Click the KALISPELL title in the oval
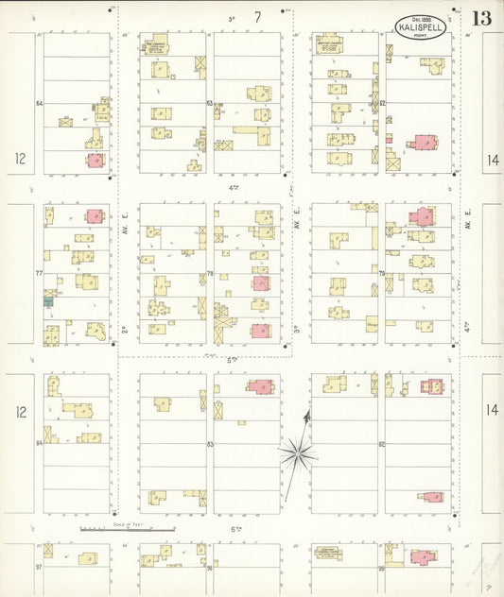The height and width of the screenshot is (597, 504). [421, 27]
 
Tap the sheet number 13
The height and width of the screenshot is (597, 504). [481, 18]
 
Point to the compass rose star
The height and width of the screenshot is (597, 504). [299, 455]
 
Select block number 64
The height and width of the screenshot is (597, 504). [40, 104]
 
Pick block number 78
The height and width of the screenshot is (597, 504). [210, 274]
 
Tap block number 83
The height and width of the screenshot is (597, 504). [210, 443]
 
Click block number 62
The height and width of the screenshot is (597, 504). [382, 104]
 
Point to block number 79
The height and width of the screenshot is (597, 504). [382, 274]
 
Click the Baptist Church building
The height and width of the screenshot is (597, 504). [329, 43]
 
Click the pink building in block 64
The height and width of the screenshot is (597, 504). [95, 160]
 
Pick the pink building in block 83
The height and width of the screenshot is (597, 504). [259, 385]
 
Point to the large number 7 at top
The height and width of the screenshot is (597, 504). [256, 16]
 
